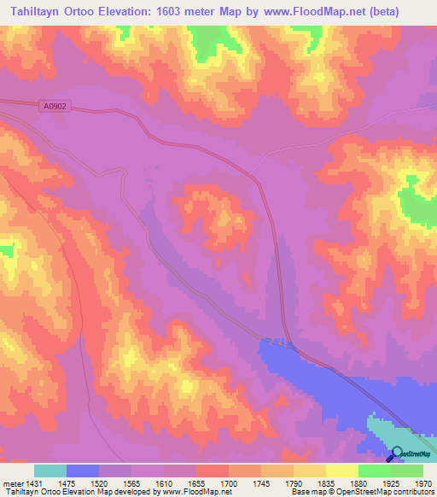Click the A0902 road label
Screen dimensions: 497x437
click(x=55, y=108)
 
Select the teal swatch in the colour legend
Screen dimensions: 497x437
click(x=50, y=470)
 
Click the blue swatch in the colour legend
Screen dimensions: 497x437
click(x=83, y=470)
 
